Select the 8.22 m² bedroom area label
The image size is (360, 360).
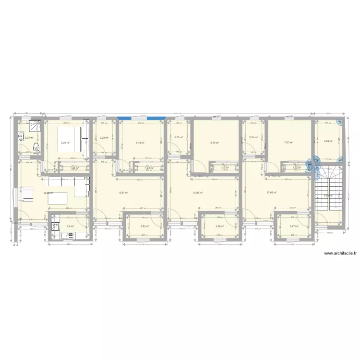65,143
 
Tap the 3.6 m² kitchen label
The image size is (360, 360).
70,226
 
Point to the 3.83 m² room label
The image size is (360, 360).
144,226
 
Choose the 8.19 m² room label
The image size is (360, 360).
214,143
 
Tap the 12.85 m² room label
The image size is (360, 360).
197,192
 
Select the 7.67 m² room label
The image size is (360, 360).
288,143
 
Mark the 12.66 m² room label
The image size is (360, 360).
272,192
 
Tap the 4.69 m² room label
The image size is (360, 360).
328,142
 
